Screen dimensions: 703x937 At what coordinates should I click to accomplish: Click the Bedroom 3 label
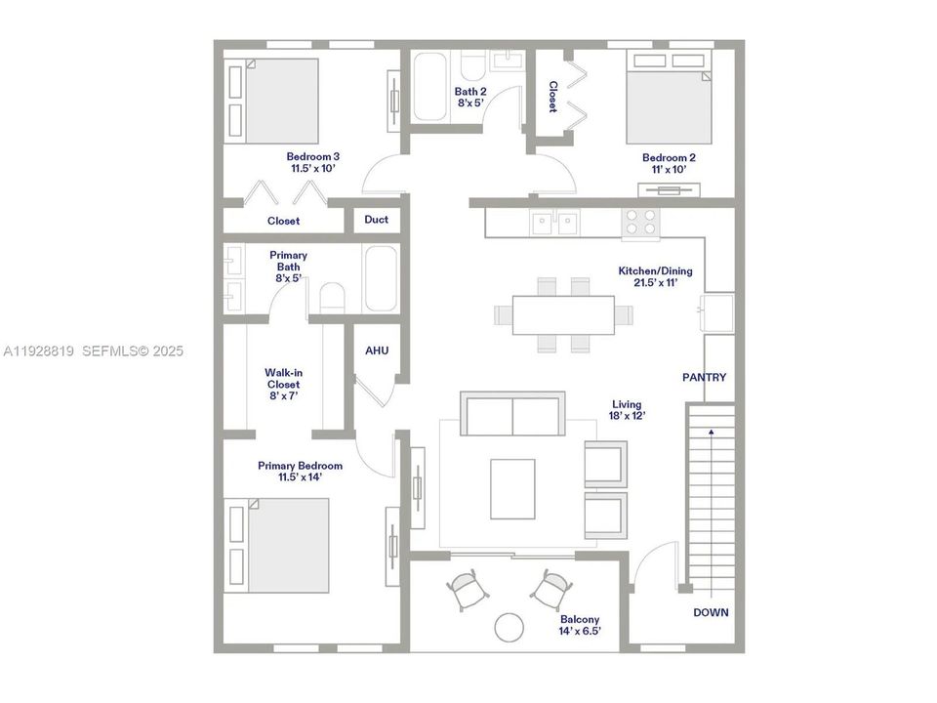(x=312, y=162)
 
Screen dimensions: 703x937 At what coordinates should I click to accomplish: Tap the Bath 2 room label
(x=470, y=98)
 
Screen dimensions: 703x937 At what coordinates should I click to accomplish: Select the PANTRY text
(x=704, y=377)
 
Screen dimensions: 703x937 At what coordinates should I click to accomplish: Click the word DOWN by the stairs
(x=712, y=612)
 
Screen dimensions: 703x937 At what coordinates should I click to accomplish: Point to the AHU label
(x=377, y=351)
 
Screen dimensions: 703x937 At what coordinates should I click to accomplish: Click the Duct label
(x=376, y=220)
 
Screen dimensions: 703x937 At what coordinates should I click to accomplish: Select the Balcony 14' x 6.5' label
(x=580, y=625)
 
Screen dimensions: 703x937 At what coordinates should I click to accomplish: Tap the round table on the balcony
(x=509, y=626)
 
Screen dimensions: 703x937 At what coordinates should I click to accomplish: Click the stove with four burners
(x=640, y=224)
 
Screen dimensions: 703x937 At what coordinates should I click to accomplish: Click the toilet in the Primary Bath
(x=333, y=298)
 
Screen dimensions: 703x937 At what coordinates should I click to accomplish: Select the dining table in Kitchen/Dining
(x=562, y=314)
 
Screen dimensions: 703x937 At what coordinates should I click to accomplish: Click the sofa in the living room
(x=512, y=414)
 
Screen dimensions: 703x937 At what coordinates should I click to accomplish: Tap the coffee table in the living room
(x=512, y=488)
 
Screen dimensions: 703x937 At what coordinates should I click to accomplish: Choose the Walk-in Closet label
(x=282, y=384)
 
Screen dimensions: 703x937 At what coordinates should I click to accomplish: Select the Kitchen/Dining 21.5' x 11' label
(x=648, y=276)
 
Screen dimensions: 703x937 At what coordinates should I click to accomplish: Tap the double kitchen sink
(x=554, y=224)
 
